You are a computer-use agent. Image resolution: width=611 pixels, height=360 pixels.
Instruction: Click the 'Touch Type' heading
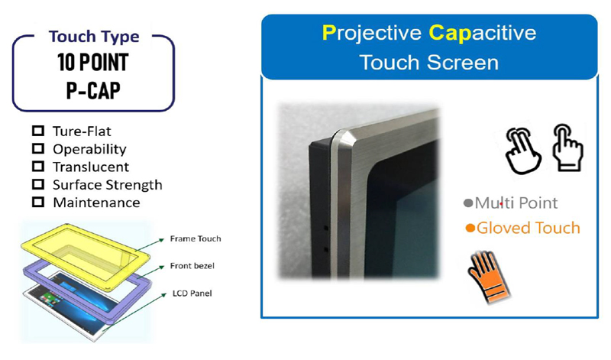point(93,37)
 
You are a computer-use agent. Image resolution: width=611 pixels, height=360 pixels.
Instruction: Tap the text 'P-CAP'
point(93,90)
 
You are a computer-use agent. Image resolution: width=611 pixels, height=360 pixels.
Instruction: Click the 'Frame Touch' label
point(195,239)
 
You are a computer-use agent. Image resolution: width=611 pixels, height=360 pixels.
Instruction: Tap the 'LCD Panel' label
point(190,294)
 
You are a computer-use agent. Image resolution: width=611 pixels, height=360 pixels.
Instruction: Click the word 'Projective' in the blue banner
point(370,33)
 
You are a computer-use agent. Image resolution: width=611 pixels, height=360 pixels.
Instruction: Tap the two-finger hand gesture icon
point(522,148)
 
